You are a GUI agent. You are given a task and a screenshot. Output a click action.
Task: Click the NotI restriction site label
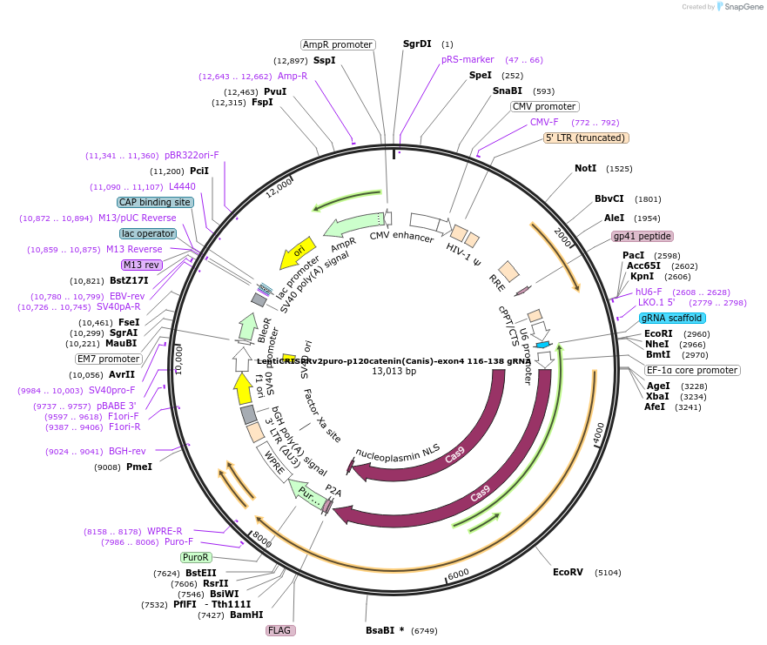point(585,168)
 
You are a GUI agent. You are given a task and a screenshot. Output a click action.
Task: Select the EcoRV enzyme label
point(568,572)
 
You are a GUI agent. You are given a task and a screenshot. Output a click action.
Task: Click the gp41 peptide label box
point(643,236)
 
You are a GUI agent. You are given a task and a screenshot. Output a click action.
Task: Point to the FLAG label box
point(279,630)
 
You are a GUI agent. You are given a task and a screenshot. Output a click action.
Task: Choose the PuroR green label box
point(196,557)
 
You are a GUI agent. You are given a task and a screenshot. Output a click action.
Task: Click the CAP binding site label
point(155,202)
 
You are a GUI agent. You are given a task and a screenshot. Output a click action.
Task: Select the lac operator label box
point(148,233)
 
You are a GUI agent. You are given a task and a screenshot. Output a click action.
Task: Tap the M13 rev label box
point(142,265)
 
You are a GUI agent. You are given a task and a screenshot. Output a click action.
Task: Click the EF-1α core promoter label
point(693,370)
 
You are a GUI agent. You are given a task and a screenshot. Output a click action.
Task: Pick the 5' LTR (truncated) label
point(586,138)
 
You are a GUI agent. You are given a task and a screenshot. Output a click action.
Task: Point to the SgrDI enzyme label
point(417,44)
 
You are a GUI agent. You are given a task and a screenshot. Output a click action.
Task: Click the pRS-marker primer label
point(468,60)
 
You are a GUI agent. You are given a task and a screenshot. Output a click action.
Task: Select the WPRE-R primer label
point(165,531)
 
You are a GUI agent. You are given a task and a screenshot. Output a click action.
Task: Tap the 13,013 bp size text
point(394,371)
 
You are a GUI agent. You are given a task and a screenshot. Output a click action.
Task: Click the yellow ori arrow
point(297,252)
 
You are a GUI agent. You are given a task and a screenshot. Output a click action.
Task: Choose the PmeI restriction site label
point(139,467)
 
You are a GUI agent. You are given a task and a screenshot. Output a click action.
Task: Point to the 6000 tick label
point(458,574)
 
